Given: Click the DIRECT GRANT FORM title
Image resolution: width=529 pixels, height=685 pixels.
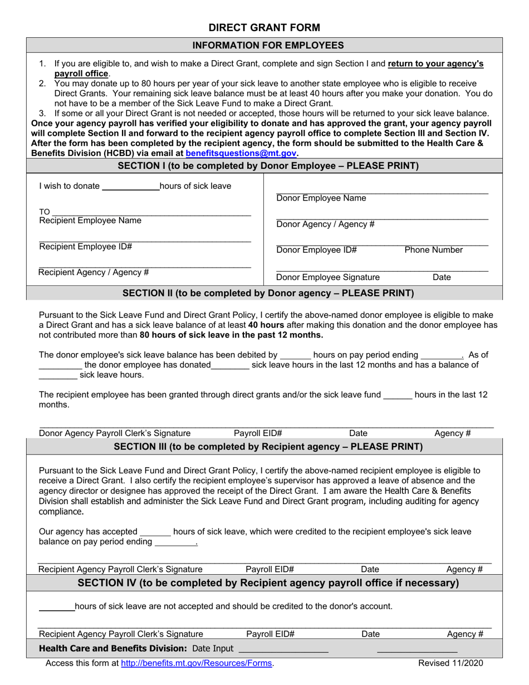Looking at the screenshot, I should click(x=264, y=27).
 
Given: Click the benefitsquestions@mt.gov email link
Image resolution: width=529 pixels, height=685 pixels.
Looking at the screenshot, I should click(x=241, y=153).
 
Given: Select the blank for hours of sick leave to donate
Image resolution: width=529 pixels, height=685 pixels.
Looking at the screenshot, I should click(x=131, y=187).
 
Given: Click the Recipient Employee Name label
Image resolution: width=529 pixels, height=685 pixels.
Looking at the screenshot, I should click(x=90, y=221).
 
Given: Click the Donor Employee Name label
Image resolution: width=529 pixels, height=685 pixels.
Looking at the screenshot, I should click(x=321, y=198).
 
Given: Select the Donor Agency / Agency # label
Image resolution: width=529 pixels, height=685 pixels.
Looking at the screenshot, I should click(x=325, y=224).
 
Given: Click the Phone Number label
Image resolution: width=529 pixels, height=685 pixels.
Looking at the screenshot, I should click(x=433, y=250).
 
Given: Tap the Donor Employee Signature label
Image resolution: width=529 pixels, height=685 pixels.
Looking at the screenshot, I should click(x=328, y=277).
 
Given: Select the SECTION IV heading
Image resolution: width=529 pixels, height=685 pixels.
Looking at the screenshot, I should click(x=268, y=583).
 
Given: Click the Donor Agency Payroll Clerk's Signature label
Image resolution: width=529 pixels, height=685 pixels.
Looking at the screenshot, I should click(x=115, y=433).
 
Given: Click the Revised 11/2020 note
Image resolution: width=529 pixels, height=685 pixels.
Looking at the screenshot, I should click(x=451, y=663).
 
